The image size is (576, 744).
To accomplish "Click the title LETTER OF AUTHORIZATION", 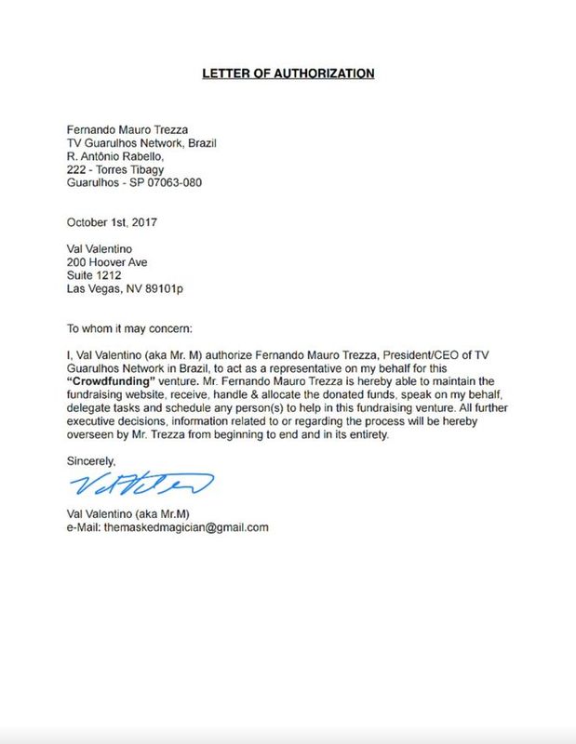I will (x=288, y=73).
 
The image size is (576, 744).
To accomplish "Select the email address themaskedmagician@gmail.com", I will (x=195, y=527).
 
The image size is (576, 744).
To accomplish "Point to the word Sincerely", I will (x=91, y=460).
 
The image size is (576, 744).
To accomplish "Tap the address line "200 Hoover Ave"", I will (x=107, y=262).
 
